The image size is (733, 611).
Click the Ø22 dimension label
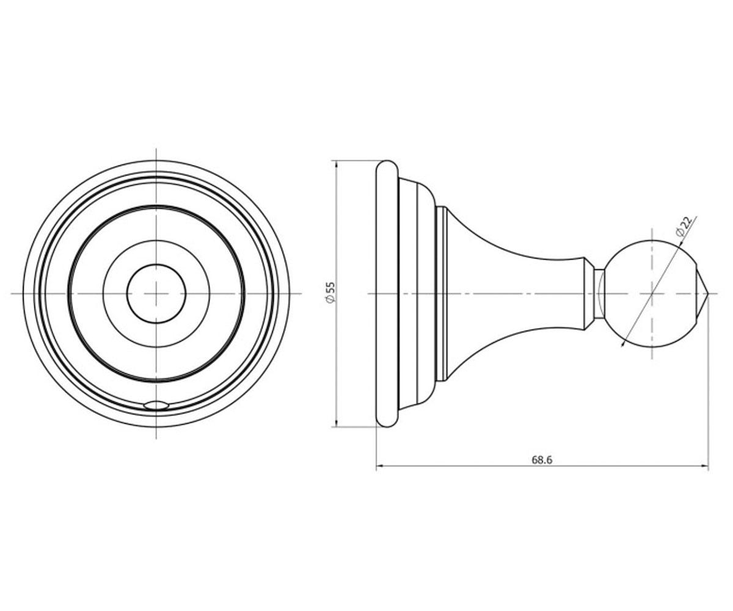coord(683,227)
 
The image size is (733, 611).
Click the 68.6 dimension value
coord(542,460)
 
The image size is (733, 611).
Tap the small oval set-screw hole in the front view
coord(156,405)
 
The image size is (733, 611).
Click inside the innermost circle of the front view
coord(156,293)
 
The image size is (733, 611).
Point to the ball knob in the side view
coord(651,293)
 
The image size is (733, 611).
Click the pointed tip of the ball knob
coord(709,293)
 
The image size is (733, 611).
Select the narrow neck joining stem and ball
coord(599,293)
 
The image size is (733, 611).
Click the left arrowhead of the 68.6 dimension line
coord(380,466)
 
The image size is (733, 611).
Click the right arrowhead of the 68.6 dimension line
coord(705,466)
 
